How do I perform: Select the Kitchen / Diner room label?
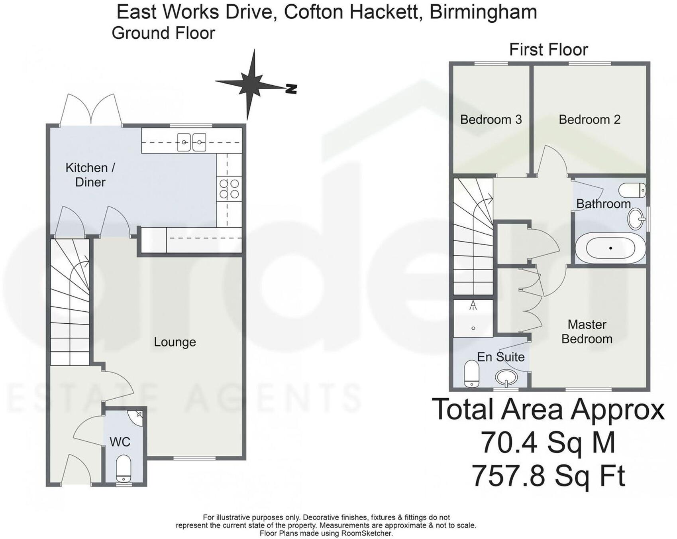click(x=90, y=175)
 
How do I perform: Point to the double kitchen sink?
click(x=192, y=142)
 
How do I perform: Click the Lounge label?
click(x=175, y=342)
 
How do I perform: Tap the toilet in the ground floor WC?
click(x=124, y=469)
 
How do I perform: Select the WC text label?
click(x=120, y=442)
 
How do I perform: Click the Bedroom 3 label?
click(x=491, y=120)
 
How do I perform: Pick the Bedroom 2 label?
click(x=589, y=120)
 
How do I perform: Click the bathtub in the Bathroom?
click(x=610, y=248)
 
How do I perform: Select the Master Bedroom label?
click(x=587, y=332)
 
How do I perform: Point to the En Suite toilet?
click(x=471, y=374)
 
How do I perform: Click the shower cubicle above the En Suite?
click(x=473, y=318)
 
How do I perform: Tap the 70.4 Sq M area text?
click(x=548, y=443)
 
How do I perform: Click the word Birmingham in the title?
click(x=483, y=12)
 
